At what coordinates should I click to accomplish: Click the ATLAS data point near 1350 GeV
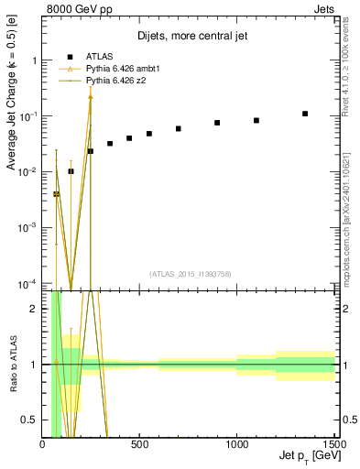point(305,114)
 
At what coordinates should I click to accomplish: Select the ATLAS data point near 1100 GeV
point(256,120)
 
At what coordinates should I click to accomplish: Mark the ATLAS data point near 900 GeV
point(217,123)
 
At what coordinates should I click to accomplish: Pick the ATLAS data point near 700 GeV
point(179,128)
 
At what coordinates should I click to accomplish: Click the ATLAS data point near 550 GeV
point(149,134)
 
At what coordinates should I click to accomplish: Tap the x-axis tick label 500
point(139,445)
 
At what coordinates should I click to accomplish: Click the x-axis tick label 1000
point(236,445)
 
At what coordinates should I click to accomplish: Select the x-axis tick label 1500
point(332,445)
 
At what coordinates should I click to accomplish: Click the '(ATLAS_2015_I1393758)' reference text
point(189,273)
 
